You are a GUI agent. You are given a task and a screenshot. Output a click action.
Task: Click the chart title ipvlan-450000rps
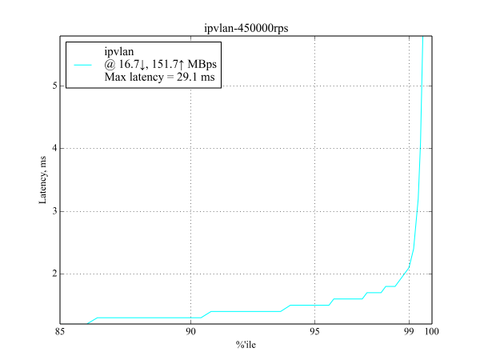[x=246, y=30]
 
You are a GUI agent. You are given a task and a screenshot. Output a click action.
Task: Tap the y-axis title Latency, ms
[x=44, y=180]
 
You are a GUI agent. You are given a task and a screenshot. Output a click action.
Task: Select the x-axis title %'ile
[x=246, y=345]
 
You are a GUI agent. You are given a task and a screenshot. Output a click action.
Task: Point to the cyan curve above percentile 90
[x=190, y=318]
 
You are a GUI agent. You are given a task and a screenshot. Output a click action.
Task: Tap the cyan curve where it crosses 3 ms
[x=418, y=211]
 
